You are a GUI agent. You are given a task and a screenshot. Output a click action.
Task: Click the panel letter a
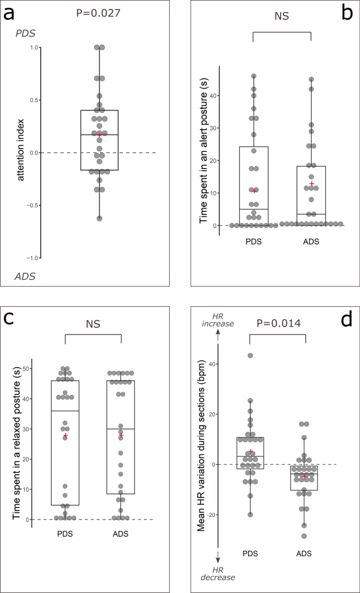[10, 13]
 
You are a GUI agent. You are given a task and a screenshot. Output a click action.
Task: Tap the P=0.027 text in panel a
[99, 12]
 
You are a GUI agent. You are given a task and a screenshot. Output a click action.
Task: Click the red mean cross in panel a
[99, 136]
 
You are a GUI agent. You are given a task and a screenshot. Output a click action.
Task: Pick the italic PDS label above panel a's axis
[25, 33]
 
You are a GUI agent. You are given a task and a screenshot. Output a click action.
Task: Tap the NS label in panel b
[282, 16]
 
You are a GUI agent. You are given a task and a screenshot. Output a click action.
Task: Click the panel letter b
[346, 13]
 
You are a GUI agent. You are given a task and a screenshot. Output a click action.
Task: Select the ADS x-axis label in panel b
[311, 243]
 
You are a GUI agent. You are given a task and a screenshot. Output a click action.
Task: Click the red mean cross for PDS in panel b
[254, 191]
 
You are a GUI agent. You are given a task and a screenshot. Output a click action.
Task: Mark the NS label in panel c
[93, 324]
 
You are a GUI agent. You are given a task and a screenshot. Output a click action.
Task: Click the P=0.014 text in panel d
[279, 323]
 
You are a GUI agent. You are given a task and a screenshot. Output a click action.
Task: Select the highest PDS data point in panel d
[250, 356]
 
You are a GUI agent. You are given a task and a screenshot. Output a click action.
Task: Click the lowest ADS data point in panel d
[304, 536]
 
